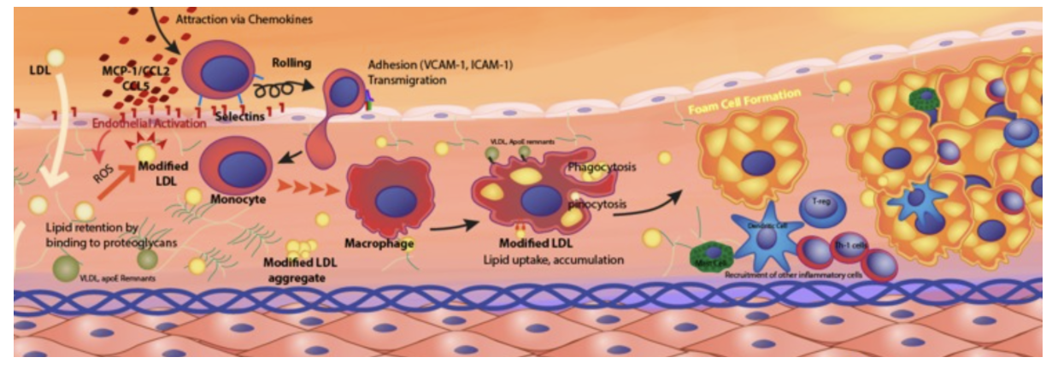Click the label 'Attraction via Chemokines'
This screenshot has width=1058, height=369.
[242, 17]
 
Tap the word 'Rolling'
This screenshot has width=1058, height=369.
[292, 63]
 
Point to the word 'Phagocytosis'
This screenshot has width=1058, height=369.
[602, 167]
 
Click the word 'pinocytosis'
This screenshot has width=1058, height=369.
[598, 205]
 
